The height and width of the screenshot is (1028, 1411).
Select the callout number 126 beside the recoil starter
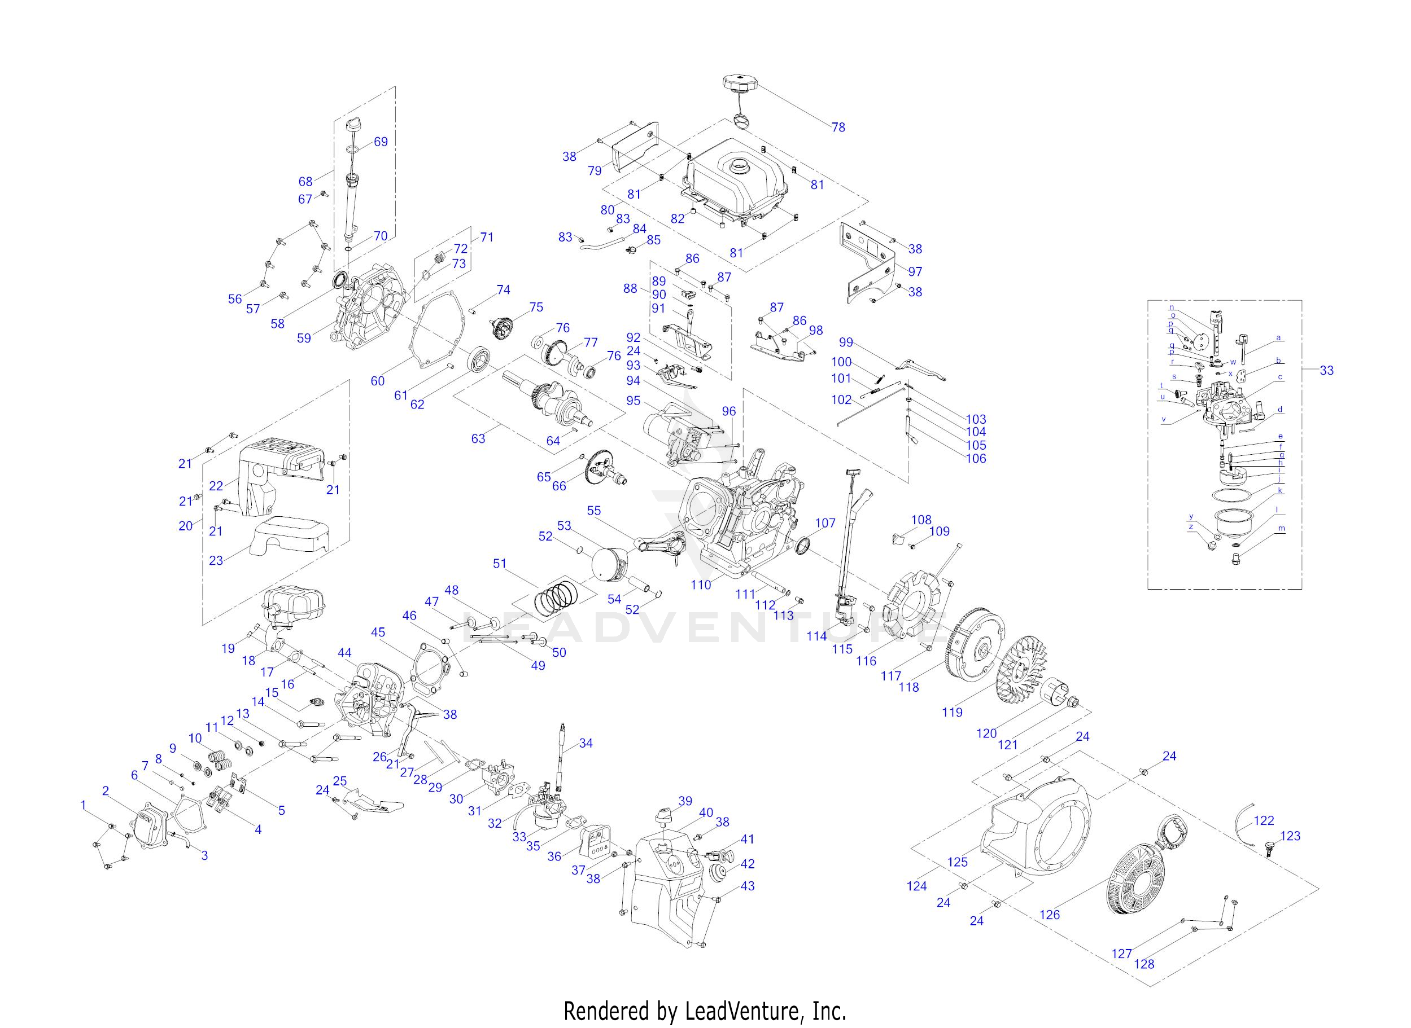(x=1049, y=914)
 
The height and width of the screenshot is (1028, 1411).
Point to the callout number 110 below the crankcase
(x=701, y=585)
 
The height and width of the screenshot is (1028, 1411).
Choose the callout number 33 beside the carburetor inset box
(x=1326, y=370)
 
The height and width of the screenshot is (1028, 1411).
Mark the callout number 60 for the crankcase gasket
(x=377, y=381)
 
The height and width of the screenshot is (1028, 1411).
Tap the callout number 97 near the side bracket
(x=915, y=271)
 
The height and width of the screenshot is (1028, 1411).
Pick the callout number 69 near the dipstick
(x=381, y=141)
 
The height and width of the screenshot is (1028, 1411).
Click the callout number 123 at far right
(x=1290, y=836)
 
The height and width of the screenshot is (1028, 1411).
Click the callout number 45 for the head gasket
(x=378, y=632)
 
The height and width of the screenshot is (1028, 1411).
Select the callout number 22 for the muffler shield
(x=216, y=486)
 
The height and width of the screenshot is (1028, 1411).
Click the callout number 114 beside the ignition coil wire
(x=816, y=636)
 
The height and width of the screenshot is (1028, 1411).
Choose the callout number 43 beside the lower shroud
(x=747, y=885)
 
